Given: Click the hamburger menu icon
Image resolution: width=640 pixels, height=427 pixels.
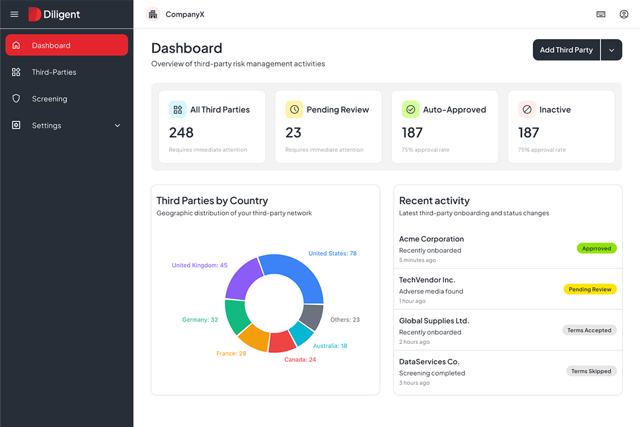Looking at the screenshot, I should click(14, 14).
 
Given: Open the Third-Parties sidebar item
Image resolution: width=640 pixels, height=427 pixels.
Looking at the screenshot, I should click(54, 72).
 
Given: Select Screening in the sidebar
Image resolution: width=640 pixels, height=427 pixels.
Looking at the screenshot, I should click(49, 99).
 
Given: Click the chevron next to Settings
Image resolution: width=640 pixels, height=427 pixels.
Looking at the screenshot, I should click(117, 126).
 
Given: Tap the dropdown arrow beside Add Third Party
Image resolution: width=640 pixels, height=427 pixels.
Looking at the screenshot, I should click(612, 50).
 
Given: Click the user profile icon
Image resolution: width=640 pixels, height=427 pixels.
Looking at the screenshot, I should click(623, 14).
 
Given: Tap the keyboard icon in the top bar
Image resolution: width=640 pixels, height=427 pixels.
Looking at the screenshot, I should click(601, 14).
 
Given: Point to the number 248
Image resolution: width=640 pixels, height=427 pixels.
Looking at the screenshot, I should click(181, 132).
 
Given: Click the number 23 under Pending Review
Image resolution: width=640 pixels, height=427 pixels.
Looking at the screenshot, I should click(293, 132).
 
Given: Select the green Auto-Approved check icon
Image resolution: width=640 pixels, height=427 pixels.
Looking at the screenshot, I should click(411, 110).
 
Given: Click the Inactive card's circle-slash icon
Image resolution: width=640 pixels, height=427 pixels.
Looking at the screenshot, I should click(527, 110).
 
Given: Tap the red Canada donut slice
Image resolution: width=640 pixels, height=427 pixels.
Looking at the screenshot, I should click(282, 342).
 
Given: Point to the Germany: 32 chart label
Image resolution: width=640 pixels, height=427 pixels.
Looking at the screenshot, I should click(200, 320).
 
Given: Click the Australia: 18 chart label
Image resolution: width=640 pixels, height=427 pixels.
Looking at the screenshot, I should click(330, 346).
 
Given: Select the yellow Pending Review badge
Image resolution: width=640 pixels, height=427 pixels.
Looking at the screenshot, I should click(590, 289).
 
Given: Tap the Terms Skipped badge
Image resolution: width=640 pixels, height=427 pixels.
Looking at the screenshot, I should click(591, 371).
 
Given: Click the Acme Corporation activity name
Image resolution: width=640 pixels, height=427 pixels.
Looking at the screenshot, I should click(431, 239).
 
